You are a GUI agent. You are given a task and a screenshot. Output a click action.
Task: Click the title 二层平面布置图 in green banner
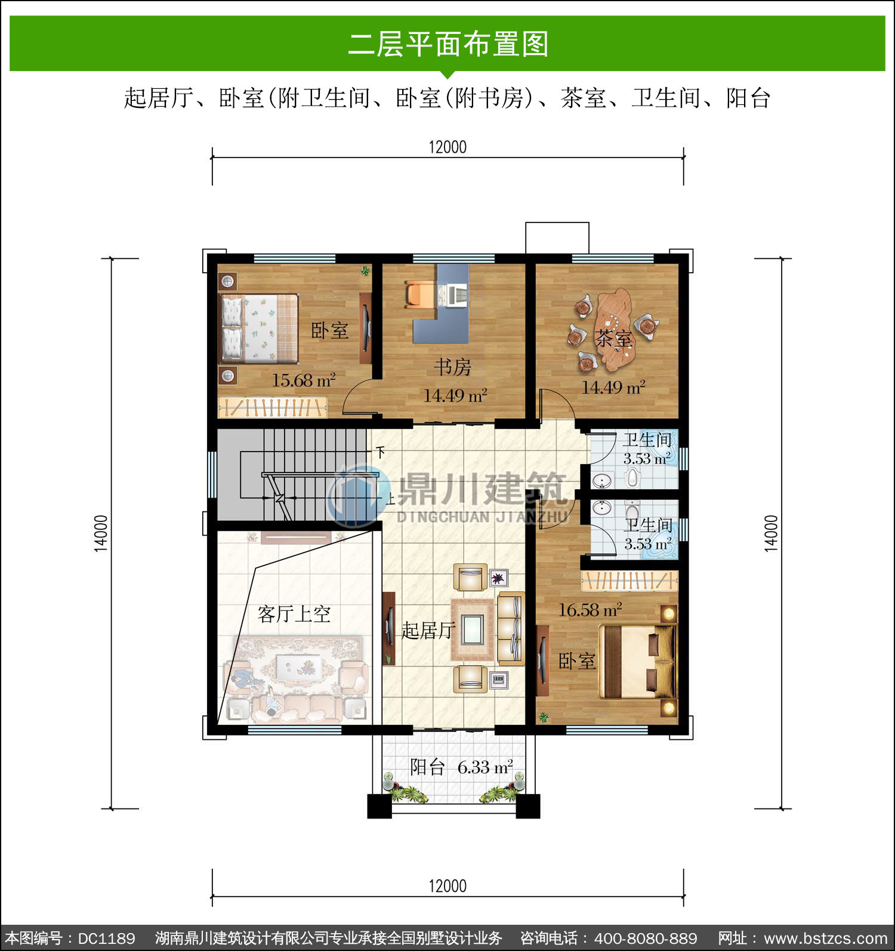tap(447, 44)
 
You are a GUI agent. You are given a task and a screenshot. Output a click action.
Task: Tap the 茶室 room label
tap(613, 339)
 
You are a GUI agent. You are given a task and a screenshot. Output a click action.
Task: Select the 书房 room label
tap(452, 367)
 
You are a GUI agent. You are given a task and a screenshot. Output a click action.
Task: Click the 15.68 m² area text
tap(304, 380)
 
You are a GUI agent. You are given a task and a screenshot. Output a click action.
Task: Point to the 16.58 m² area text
tap(590, 610)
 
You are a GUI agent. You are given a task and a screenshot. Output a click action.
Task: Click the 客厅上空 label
tap(294, 614)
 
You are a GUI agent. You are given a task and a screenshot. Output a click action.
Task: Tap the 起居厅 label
tap(428, 630)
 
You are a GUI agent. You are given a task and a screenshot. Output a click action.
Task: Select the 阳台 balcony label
tap(427, 767)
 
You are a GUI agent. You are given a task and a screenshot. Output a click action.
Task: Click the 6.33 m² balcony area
tap(485, 767)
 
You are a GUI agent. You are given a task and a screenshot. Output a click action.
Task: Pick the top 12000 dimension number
tap(447, 147)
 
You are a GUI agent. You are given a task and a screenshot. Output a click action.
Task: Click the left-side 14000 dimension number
tap(101, 533)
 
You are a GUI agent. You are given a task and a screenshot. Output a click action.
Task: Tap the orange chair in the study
tap(421, 294)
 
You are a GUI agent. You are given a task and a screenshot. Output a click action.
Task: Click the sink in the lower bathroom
tap(601, 508)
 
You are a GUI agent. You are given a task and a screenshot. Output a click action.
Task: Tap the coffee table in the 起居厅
tap(473, 629)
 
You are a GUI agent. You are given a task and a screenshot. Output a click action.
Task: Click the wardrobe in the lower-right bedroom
tap(629, 581)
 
